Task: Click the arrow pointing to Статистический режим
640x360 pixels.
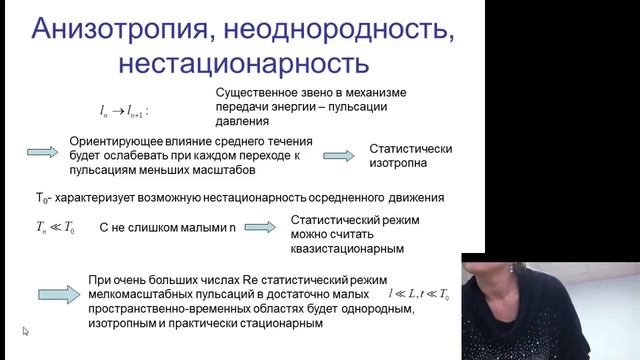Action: pyautogui.click(x=260, y=229)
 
